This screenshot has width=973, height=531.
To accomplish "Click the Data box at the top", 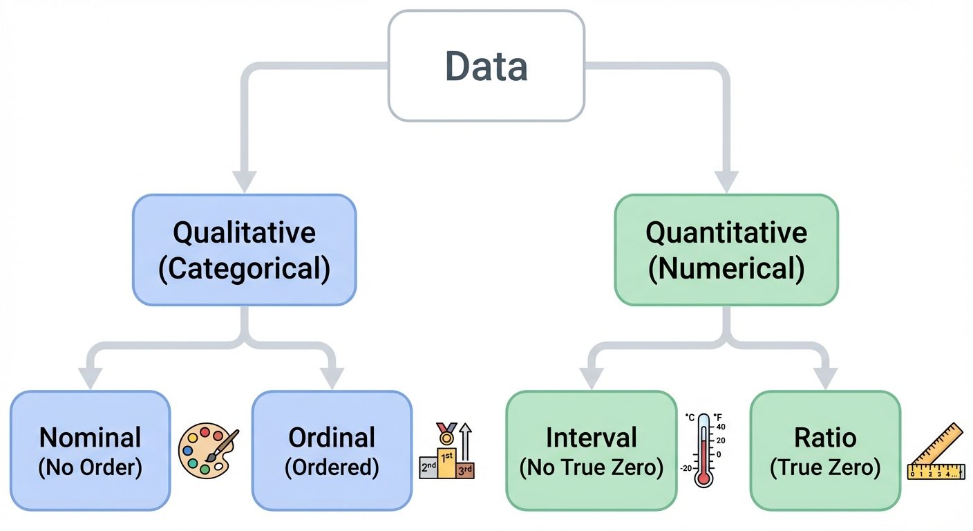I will tap(486, 66).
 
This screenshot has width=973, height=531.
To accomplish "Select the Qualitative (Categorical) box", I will tap(244, 250).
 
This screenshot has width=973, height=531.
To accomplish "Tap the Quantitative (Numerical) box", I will tap(726, 250).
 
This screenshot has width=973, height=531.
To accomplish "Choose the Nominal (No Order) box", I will tap(90, 451).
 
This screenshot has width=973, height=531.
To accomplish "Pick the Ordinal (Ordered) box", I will tap(332, 451).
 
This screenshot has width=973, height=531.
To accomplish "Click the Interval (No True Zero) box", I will tap(591, 451).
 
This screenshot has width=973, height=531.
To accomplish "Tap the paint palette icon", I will tap(205, 451).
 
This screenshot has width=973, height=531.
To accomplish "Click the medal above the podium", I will tap(446, 434).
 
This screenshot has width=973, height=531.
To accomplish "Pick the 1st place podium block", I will tap(447, 464).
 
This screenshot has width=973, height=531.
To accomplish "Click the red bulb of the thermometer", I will tap(703, 477).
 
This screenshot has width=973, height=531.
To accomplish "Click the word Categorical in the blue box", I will tap(244, 270).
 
